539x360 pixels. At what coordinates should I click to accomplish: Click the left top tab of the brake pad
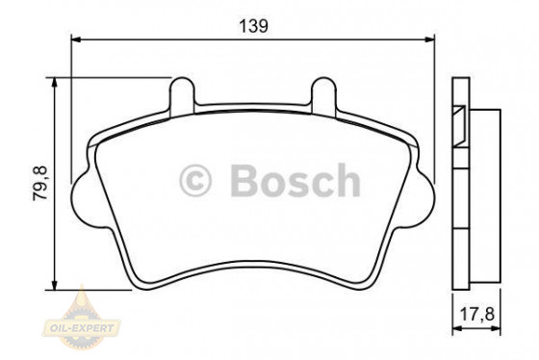click(180, 96)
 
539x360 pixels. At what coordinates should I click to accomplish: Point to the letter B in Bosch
click(244, 181)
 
